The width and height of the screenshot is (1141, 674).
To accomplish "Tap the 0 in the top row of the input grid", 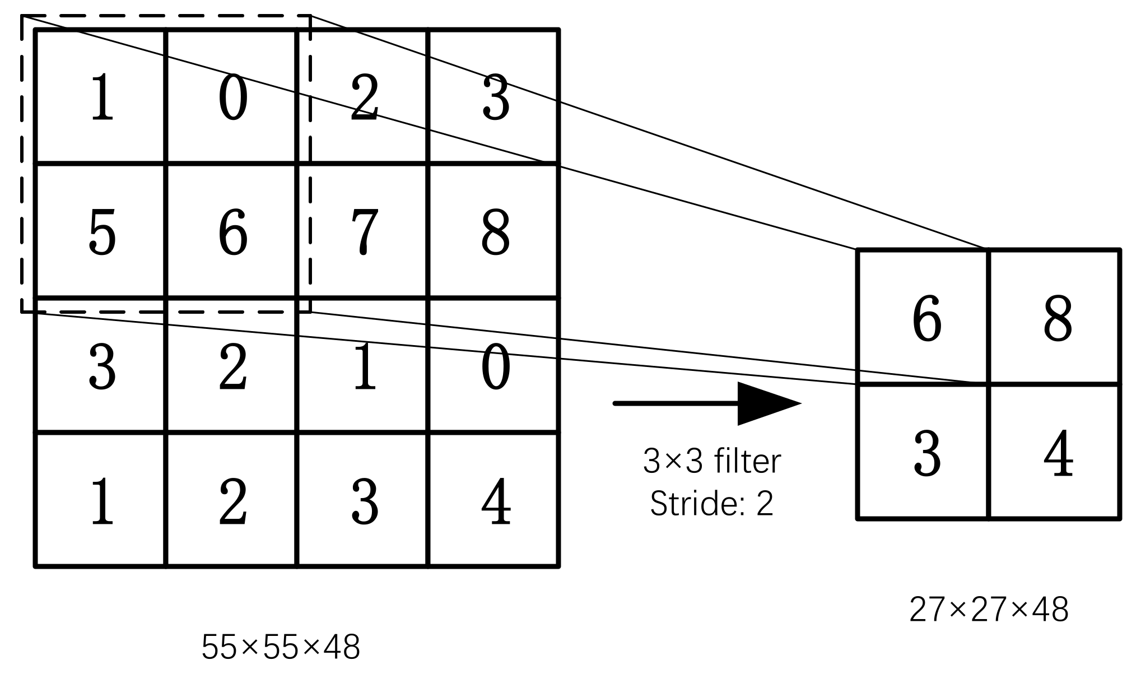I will (x=233, y=97).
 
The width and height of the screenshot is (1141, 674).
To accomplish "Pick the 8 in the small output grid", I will (x=1058, y=319).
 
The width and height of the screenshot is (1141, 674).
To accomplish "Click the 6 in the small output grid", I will (x=927, y=319).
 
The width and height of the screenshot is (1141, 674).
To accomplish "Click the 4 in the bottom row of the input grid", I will (x=496, y=501).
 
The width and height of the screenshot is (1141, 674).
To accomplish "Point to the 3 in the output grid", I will (x=927, y=454).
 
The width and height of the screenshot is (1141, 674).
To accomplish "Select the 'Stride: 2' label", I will (x=711, y=503).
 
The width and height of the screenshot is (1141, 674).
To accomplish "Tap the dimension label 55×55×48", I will (x=280, y=647).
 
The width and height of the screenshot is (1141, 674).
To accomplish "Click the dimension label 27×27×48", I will (x=989, y=610).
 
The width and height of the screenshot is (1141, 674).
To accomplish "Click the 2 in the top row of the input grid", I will (x=365, y=97).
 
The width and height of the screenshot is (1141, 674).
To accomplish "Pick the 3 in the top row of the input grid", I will (x=496, y=97).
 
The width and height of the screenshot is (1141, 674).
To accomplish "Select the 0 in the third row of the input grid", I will (x=496, y=367).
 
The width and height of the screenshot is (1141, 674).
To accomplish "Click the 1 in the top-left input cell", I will (x=102, y=97).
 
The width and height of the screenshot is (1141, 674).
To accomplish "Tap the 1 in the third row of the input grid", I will (x=365, y=367).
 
